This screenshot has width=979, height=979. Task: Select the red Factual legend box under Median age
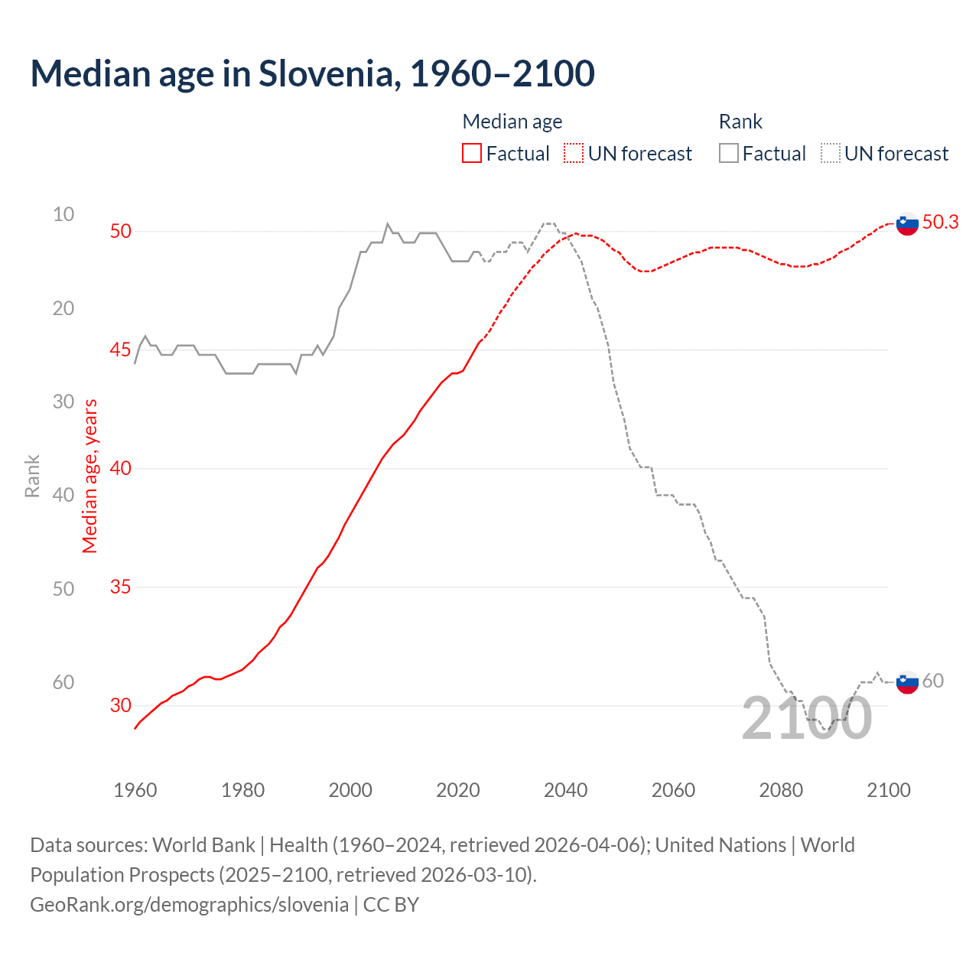click(x=472, y=154)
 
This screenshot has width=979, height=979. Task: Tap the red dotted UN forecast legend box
click(x=574, y=154)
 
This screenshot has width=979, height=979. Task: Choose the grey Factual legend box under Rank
click(x=729, y=154)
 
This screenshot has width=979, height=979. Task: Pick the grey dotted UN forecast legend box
click(x=831, y=154)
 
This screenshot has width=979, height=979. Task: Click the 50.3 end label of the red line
click(x=940, y=222)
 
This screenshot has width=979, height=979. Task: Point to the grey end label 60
click(x=932, y=681)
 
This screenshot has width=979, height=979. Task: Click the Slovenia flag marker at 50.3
click(x=907, y=223)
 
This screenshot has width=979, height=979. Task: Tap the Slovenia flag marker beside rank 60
click(x=907, y=681)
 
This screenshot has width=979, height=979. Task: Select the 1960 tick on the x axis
click(x=135, y=790)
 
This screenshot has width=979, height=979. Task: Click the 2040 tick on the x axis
click(x=565, y=790)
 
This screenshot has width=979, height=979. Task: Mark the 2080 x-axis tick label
click(x=781, y=790)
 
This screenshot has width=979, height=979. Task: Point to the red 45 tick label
click(x=121, y=350)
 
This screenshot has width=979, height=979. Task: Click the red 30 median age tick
click(x=121, y=705)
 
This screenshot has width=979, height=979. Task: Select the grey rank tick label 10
click(x=63, y=214)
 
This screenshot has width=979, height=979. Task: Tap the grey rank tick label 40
click(x=63, y=495)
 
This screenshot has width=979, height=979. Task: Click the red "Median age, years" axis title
click(x=90, y=476)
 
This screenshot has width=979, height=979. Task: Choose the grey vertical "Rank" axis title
click(x=32, y=476)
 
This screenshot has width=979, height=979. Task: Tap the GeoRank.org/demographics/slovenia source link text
click(x=189, y=904)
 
